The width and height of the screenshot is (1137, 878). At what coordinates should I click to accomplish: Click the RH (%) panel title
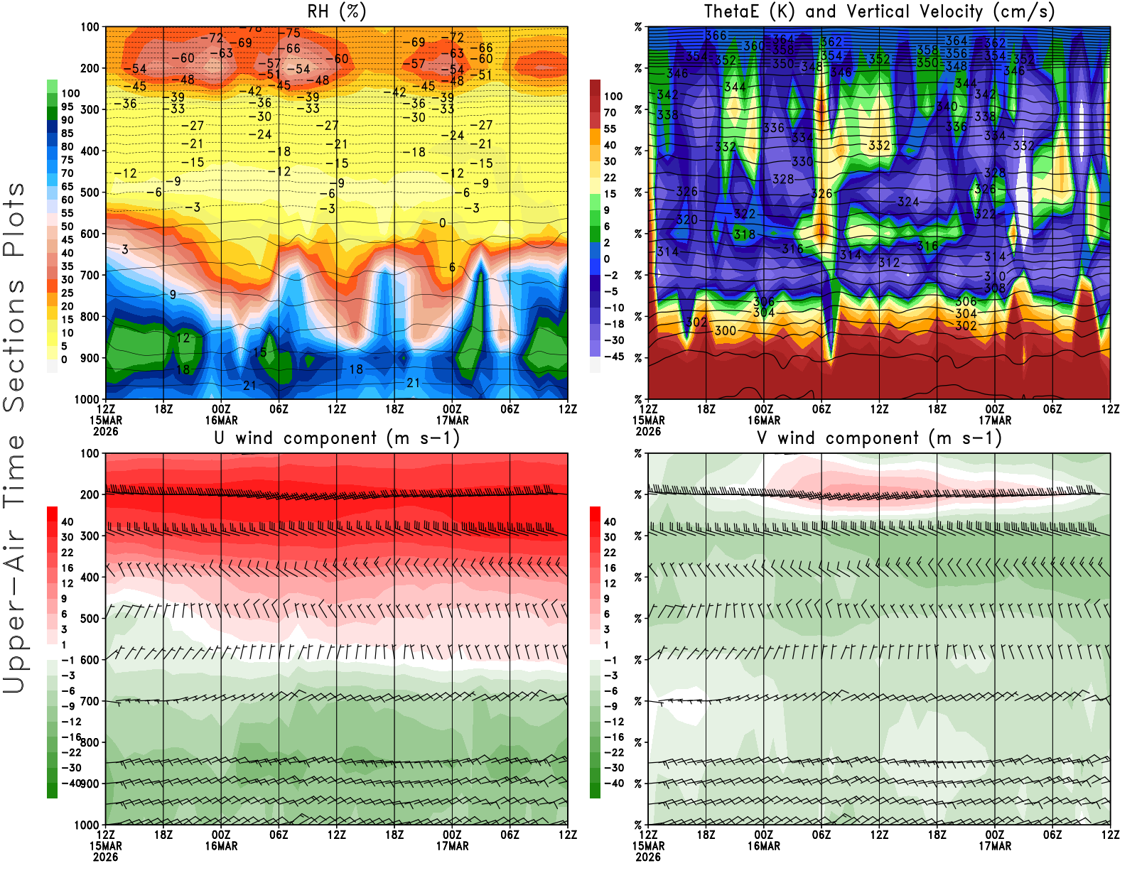tap(336, 11)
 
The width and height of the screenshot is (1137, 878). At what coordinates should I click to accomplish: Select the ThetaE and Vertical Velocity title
tap(879, 11)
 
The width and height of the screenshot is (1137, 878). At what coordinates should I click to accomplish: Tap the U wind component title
tap(337, 438)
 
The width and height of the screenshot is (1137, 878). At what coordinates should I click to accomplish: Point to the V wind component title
tap(879, 438)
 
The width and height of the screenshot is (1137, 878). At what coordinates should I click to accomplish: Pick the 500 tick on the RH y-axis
tap(90, 193)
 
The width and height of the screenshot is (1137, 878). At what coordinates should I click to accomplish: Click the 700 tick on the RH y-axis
tap(90, 275)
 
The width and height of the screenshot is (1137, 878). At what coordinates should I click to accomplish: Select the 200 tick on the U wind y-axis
tap(90, 494)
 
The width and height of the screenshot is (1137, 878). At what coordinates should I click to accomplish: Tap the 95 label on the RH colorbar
tap(67, 107)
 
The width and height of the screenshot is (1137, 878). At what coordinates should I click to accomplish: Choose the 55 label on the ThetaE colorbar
tap(610, 129)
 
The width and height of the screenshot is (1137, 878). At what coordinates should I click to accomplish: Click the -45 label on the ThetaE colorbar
tap(613, 357)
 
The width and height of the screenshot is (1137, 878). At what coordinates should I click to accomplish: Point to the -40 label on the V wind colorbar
tap(613, 784)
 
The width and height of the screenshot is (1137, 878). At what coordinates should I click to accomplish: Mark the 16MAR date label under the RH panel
tap(221, 420)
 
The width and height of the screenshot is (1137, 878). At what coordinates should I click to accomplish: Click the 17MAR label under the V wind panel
tap(995, 846)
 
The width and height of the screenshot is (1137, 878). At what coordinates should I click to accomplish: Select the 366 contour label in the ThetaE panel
tap(716, 36)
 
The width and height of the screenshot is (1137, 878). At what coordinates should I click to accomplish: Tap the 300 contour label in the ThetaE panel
tap(726, 330)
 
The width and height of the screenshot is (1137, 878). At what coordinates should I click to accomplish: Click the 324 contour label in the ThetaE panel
tap(908, 202)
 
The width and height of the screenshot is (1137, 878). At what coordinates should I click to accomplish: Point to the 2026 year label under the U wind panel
tap(106, 857)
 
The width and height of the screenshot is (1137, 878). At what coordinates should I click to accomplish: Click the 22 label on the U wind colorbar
tap(67, 552)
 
